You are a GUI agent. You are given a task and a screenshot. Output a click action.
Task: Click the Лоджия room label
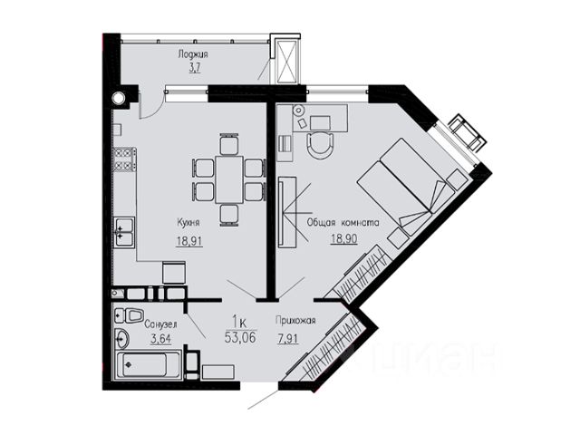(x=193, y=54)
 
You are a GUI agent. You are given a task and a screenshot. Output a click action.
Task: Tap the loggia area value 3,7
(x=195, y=69)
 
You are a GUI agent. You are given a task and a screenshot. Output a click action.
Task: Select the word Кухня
(x=188, y=222)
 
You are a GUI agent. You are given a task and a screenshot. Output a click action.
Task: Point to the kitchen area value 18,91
(x=189, y=241)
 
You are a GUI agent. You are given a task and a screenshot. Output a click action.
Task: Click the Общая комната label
(x=343, y=223)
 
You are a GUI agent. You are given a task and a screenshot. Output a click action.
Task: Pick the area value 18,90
(x=344, y=238)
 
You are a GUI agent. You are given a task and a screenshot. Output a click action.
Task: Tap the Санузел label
(x=160, y=324)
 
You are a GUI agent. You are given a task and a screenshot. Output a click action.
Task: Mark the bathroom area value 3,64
(x=161, y=338)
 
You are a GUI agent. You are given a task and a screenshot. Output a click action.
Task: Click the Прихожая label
(x=295, y=320)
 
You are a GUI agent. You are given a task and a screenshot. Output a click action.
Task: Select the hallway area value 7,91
(x=288, y=338)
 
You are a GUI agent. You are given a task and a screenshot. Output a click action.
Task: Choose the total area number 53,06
(x=240, y=337)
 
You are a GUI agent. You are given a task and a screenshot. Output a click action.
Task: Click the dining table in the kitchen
(x=229, y=179)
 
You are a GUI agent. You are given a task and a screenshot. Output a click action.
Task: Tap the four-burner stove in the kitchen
(x=125, y=159)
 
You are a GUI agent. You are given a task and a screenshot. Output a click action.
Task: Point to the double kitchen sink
(x=124, y=232)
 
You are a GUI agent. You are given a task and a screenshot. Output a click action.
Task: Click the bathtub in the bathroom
(x=148, y=366)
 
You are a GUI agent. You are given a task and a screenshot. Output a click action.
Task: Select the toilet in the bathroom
(x=129, y=315)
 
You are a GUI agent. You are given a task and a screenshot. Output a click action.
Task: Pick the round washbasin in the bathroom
(x=121, y=338)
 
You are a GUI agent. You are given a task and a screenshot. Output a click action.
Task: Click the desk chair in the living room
(x=320, y=145)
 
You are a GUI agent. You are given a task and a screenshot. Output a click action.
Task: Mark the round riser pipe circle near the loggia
(x=119, y=98)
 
